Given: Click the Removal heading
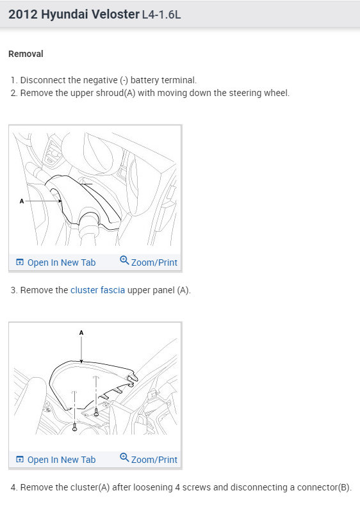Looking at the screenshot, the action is coord(26,54).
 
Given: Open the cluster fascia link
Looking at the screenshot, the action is coord(97,290).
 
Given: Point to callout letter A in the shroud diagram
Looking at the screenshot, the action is coord(22,201).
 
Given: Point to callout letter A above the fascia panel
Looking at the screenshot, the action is coord(81,333).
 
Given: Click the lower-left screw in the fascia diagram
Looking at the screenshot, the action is coord(75,427).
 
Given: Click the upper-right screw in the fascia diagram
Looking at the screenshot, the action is coord(96,412).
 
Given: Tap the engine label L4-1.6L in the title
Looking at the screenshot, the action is coord(161,15).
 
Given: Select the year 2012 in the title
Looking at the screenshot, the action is coord(23,14).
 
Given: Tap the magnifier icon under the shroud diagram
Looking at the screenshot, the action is coord(124,260).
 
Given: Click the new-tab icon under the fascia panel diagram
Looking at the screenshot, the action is coord(20,459).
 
